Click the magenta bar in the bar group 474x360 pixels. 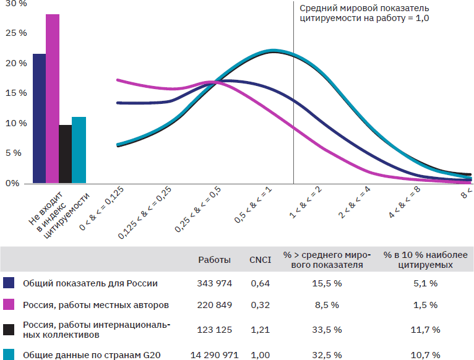[x=53, y=99]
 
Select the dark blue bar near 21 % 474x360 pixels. [x=40, y=118]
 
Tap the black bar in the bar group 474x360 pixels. [x=66, y=154]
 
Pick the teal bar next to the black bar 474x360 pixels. [x=79, y=150]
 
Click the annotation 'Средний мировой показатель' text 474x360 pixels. [x=364, y=9]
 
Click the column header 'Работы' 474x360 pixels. [x=214, y=260]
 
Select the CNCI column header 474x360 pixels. [x=260, y=260]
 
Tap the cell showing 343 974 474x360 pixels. [x=214, y=283]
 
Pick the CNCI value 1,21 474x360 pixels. [x=260, y=330]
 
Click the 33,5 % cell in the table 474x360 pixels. [x=326, y=330]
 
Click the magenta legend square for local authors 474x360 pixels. [x=9, y=305]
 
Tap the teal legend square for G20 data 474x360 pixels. [x=9, y=355]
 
